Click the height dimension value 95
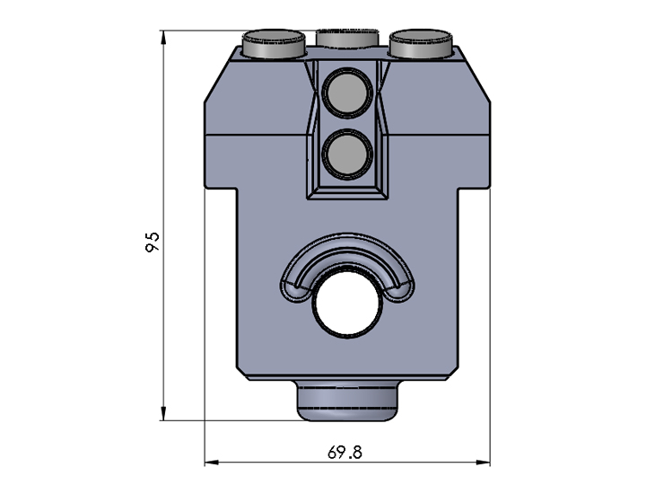[153, 241]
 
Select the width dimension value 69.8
[345, 453]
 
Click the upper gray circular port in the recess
[345, 93]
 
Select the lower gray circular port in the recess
[345, 154]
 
